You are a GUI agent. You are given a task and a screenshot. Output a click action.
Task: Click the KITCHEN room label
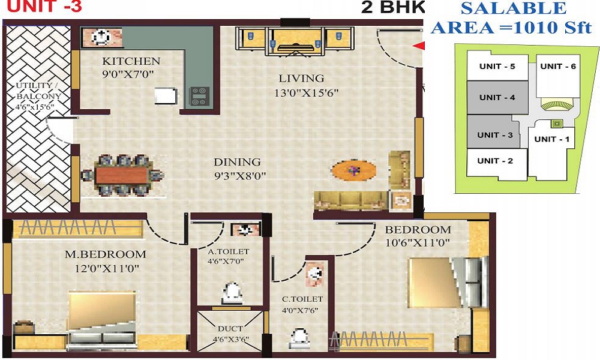pos(131,61)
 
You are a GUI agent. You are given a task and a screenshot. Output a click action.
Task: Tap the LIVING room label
pos(301,78)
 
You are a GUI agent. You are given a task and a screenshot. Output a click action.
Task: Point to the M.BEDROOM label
pos(106,254)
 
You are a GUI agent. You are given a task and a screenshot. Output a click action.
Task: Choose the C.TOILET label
pos(303,299)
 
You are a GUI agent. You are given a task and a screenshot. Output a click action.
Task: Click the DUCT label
pos(230,329)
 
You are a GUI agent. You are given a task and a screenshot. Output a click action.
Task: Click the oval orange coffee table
pos(354,171)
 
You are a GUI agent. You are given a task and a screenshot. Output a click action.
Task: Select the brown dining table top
pos(122,175)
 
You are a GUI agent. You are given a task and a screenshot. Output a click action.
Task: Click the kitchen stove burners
pos(200,95)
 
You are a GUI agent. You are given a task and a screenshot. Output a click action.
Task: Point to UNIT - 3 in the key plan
pos(494,135)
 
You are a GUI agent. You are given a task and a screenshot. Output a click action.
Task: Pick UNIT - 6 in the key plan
pos(557,66)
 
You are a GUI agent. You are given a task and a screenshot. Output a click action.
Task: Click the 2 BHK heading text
pos(392,8)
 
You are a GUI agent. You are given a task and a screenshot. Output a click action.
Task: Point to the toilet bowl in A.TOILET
pos(232,293)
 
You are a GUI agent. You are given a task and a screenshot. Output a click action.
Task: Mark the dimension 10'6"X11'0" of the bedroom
pos(418,242)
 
